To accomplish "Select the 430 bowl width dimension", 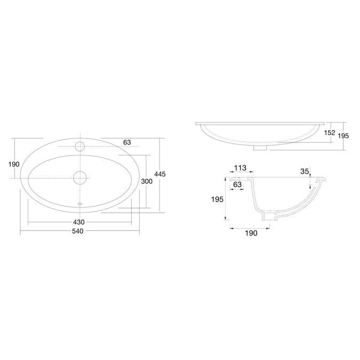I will (79, 222).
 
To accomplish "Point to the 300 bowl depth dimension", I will (147, 181).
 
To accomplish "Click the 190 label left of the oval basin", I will (14, 164).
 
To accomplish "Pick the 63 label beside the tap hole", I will (127, 142).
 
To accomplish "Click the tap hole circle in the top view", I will (80, 146).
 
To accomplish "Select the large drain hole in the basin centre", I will (80, 177).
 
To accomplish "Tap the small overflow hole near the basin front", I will (80, 203).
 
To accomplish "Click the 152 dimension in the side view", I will (329, 133).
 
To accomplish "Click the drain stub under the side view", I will (261, 148).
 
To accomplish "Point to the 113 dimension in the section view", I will (240, 168).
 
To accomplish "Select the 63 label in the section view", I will (238, 185).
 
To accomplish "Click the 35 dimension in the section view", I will (305, 171).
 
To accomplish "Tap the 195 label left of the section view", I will (217, 199).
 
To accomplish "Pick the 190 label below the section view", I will (251, 233).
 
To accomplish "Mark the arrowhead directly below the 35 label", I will (311, 187).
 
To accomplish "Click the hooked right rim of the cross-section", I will (321, 181).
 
